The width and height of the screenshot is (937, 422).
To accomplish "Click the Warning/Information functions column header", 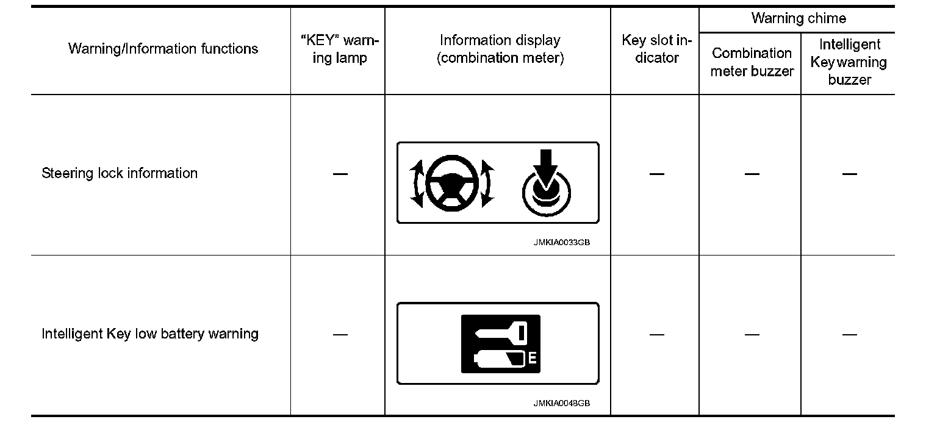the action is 163,49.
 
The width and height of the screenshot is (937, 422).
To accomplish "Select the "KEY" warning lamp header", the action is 340,49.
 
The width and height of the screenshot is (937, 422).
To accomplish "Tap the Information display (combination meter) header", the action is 500,49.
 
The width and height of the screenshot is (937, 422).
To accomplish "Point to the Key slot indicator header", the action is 656,49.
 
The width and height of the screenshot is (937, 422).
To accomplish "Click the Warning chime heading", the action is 798,18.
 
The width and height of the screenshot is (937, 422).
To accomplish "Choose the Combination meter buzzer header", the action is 752,62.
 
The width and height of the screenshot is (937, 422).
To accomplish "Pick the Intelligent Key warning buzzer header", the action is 849,62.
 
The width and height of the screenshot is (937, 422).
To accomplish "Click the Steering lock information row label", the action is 120,173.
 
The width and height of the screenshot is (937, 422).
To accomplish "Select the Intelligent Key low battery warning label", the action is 150,334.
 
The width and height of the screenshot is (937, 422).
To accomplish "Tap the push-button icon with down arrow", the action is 546,186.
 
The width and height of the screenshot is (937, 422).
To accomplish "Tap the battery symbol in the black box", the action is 500,359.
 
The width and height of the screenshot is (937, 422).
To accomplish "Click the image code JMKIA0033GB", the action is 561,242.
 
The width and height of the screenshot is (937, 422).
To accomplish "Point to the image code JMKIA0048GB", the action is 561,403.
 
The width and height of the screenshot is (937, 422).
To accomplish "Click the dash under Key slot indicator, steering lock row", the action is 656,174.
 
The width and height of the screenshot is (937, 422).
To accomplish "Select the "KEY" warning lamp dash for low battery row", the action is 340,334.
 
